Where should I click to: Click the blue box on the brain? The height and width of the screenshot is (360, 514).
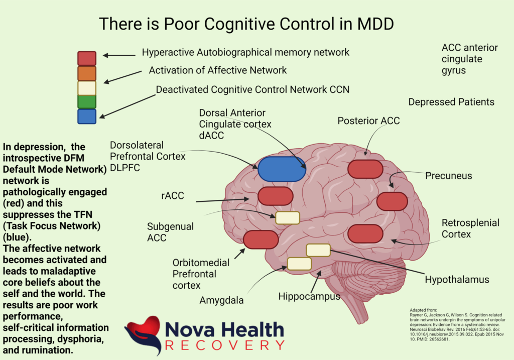(282, 169)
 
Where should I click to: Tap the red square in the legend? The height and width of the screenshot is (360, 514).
(87, 58)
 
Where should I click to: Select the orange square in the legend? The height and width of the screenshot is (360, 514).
(87, 73)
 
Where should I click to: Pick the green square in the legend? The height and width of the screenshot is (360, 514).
(87, 102)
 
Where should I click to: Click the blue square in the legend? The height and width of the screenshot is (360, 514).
(87, 116)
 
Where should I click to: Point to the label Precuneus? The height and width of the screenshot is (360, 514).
(448, 176)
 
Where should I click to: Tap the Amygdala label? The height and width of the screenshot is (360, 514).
(221, 300)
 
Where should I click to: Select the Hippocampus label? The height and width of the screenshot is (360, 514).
(309, 296)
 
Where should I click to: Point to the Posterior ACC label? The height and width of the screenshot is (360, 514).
(368, 121)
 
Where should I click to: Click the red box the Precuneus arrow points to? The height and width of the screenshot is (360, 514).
(392, 201)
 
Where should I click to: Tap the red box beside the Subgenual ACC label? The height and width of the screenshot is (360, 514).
(261, 239)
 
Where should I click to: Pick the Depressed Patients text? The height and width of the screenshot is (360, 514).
(451, 102)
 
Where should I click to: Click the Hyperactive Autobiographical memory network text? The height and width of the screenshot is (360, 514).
(245, 52)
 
